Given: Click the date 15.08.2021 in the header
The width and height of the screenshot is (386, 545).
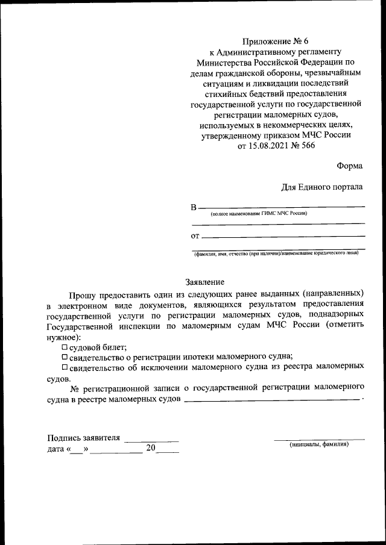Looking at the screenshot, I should click(x=268, y=146).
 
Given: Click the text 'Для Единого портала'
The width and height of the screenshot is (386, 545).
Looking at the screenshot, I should click(x=322, y=187).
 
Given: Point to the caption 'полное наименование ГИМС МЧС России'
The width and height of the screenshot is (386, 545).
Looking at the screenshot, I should click(x=259, y=214).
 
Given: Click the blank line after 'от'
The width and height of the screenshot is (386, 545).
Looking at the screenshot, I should click(x=283, y=237).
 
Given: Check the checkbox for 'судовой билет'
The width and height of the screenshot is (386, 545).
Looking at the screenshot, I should click(x=65, y=347).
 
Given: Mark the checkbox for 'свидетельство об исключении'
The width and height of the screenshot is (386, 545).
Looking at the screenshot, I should click(x=65, y=367).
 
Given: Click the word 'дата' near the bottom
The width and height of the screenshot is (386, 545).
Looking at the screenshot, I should click(x=55, y=449).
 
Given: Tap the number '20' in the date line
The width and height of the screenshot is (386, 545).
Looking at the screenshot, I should click(x=151, y=448).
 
